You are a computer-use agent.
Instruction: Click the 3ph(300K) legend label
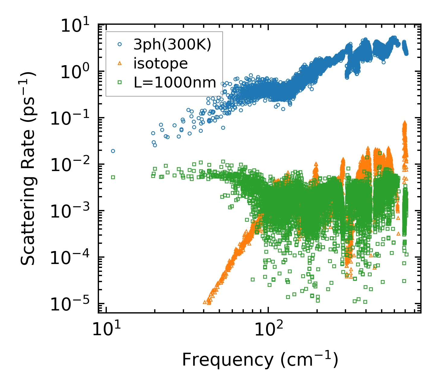click(x=172, y=45)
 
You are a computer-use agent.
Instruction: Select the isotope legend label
click(x=161, y=63)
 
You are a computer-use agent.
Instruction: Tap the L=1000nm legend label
click(x=175, y=82)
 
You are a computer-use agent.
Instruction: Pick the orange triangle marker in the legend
click(x=120, y=63)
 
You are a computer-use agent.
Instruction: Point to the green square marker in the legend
click(x=120, y=82)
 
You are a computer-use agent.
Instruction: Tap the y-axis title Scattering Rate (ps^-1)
click(x=29, y=169)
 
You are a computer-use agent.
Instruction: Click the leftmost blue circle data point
click(x=113, y=151)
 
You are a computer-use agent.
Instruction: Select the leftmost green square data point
click(x=113, y=177)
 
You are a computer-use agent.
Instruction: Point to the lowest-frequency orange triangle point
click(x=205, y=302)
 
